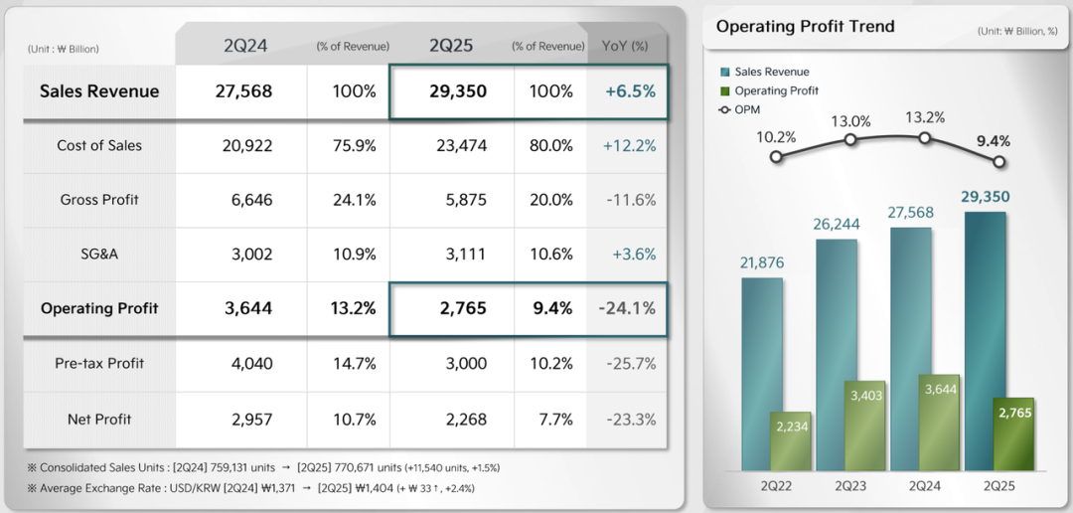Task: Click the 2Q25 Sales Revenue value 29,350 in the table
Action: click(458, 91)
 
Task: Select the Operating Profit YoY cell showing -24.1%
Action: click(627, 308)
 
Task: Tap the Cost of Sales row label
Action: click(99, 145)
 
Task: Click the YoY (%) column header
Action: click(625, 46)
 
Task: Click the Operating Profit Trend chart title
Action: click(805, 27)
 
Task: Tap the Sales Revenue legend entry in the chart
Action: click(771, 72)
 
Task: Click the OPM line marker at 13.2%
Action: click(925, 139)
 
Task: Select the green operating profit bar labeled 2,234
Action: click(790, 440)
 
